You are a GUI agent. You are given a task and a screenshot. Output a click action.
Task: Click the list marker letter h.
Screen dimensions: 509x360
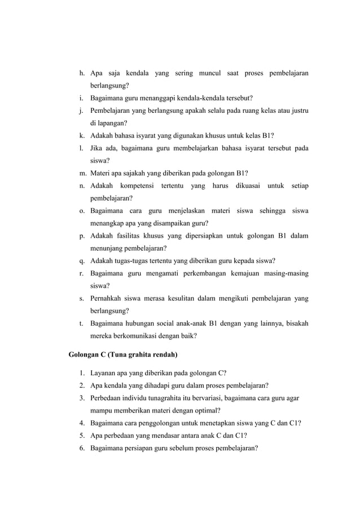click(82, 73)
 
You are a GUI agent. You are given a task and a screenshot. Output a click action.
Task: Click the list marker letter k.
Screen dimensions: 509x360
click(82, 135)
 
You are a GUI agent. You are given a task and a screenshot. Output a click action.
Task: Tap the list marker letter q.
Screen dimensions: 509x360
click(82, 261)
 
